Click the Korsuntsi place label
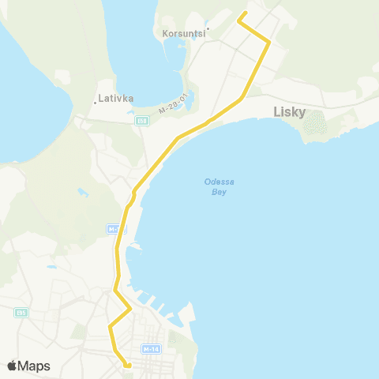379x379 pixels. [x=183, y=34]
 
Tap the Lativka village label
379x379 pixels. [x=117, y=99]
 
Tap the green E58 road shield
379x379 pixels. [x=141, y=121]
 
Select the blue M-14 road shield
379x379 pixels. [x=151, y=348]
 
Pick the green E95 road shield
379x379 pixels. [x=21, y=313]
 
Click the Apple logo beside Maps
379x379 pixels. [x=12, y=366]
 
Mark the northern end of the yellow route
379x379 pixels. [x=240, y=13]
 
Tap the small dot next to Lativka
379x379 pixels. [x=96, y=102]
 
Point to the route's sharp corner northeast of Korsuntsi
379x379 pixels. [x=269, y=42]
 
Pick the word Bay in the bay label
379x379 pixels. [x=220, y=190]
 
